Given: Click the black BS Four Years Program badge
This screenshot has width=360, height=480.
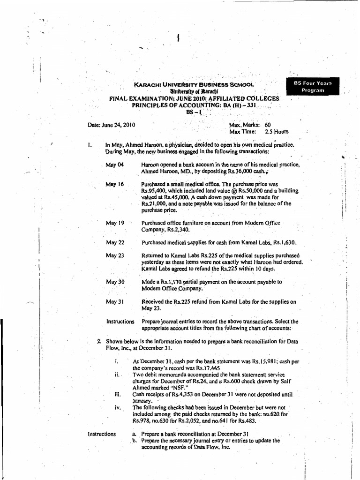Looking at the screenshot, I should pos(312,87).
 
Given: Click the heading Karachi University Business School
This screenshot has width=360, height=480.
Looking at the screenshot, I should pos(194,85).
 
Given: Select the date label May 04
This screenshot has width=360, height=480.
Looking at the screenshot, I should pos(114,165).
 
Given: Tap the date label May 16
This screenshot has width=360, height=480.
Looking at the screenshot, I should pos(114,184).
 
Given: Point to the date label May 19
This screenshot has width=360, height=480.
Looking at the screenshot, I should pos(115,223).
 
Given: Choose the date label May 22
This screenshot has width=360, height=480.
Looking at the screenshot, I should pos(115,242).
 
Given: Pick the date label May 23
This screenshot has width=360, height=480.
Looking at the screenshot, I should pos(115,255).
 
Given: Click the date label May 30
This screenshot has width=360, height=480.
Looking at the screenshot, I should pos(115,282).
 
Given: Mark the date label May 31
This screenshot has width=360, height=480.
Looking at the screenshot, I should pos(115,302).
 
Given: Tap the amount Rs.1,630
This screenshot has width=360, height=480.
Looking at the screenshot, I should pos(285,242).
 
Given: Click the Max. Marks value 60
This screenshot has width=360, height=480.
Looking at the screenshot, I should pos(268,125).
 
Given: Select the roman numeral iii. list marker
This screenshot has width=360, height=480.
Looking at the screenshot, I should pos(117,395).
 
